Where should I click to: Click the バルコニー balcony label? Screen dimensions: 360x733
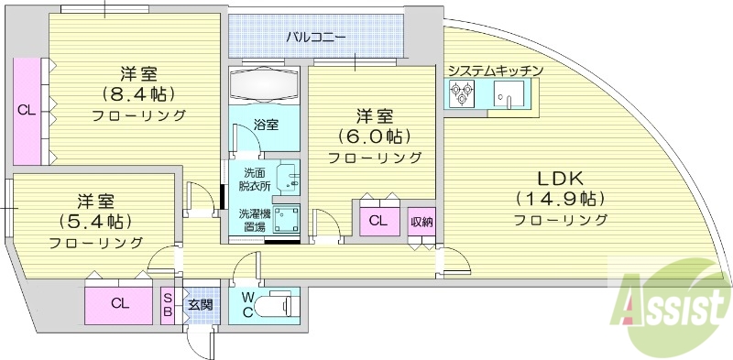click(315, 38)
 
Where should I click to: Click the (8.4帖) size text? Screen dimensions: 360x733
click(137, 93)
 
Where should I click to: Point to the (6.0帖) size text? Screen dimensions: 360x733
click(374, 136)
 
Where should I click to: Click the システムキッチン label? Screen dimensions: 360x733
click(496, 71)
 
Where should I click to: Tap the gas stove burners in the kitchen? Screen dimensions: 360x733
click(460, 93)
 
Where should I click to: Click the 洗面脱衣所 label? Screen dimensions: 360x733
click(256, 179)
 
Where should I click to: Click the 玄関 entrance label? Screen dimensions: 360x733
click(200, 303)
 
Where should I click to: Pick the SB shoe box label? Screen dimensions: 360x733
click(168, 303)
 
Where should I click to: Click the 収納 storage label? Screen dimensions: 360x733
click(421, 221)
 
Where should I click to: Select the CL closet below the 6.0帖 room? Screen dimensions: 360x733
click(377, 221)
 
